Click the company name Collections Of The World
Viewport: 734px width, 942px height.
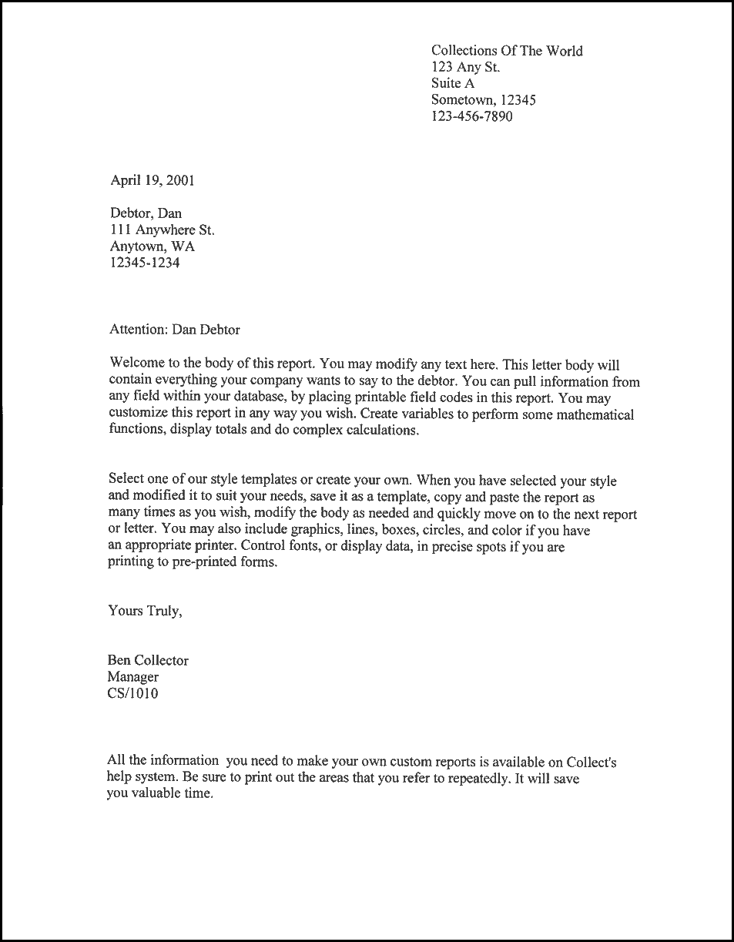tap(507, 51)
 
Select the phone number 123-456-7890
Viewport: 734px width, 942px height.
tap(471, 116)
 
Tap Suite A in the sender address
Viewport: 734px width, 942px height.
tap(453, 83)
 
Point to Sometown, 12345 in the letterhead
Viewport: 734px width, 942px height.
tap(483, 100)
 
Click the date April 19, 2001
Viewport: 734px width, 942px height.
tap(152, 181)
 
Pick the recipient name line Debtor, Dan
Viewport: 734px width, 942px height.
tap(146, 213)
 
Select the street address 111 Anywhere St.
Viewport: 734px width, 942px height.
tap(162, 230)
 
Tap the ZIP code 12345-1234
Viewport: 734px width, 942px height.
tap(146, 263)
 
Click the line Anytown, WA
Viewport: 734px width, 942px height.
tap(152, 246)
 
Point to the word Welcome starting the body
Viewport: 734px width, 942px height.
tap(135, 363)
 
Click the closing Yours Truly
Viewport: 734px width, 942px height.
tap(146, 612)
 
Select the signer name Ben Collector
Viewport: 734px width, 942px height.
tap(148, 660)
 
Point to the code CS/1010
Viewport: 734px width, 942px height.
tap(133, 693)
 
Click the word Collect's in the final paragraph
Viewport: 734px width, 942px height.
tap(591, 762)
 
